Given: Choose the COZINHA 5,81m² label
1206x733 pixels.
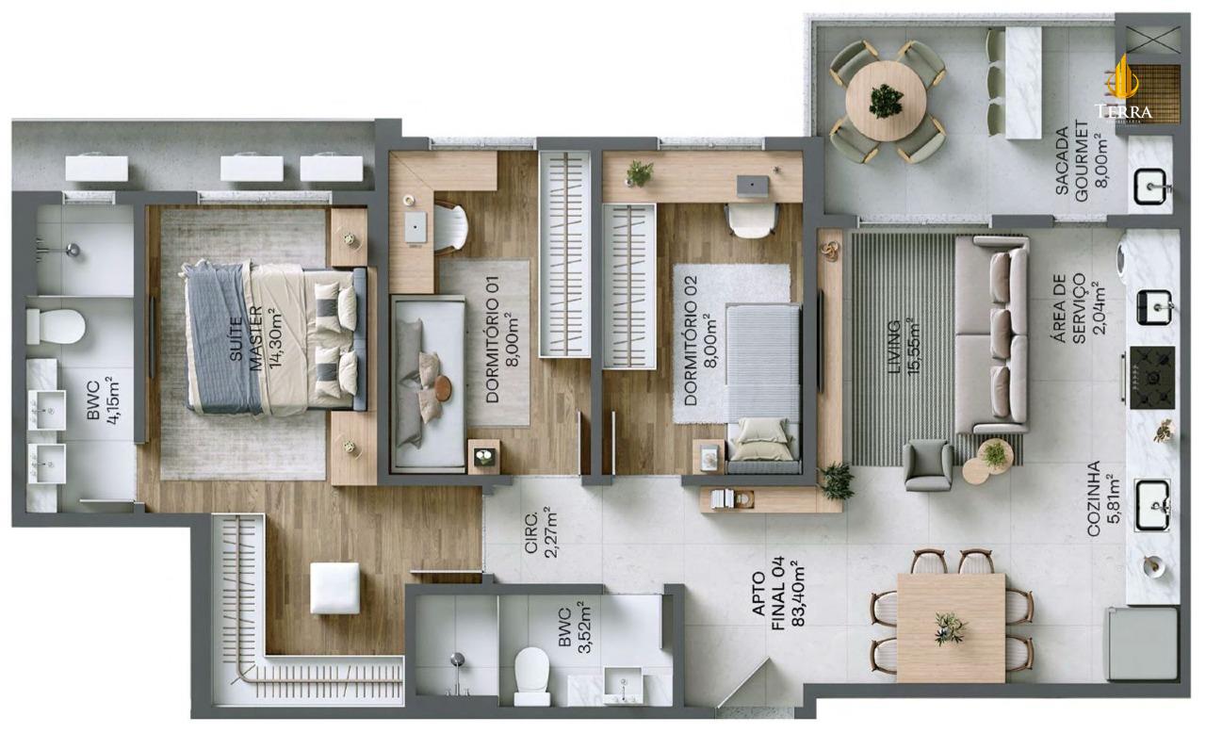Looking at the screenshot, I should click(x=1101, y=498).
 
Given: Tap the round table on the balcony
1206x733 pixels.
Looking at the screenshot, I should click(x=886, y=101).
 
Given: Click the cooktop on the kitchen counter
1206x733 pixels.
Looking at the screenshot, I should click(x=1152, y=377).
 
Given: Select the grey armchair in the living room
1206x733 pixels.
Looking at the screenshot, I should click(x=927, y=465).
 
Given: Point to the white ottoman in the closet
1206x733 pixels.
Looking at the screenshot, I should click(x=334, y=588).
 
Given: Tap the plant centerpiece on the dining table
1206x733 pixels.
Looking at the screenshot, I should click(x=950, y=627).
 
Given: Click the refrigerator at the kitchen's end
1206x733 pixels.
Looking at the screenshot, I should click(x=1142, y=643).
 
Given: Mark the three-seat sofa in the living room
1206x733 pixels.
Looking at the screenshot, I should click(x=992, y=334).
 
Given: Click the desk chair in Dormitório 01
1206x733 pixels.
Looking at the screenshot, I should click(x=450, y=227).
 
